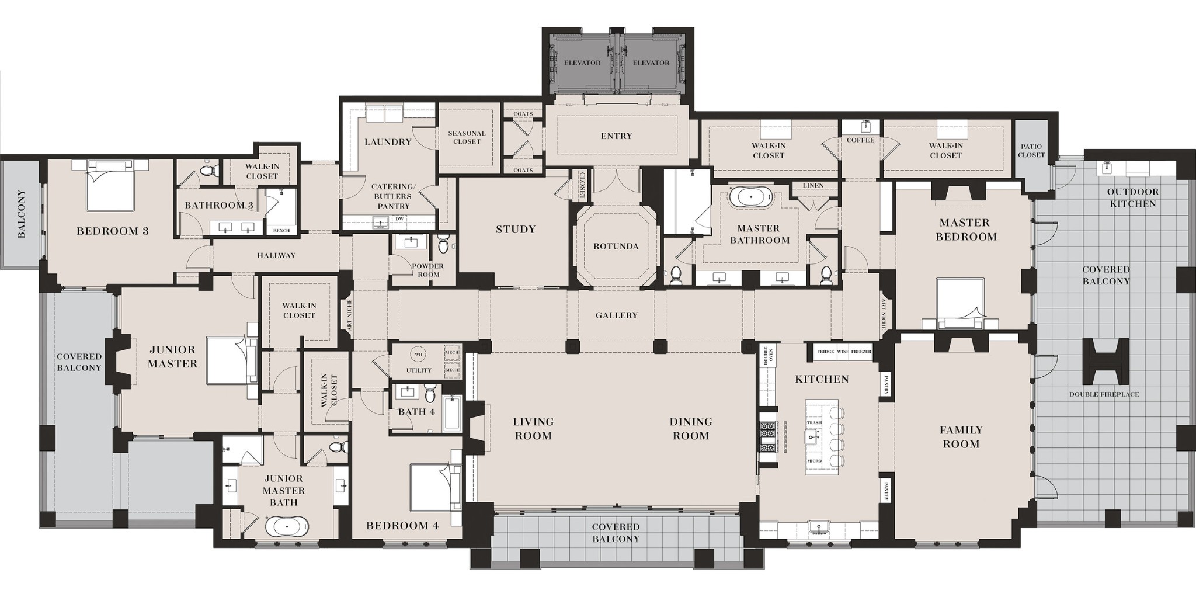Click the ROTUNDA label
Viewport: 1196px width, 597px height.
(x=616, y=247)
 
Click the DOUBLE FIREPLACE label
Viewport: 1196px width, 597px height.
(x=1104, y=394)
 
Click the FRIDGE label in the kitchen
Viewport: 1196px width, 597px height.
(x=825, y=352)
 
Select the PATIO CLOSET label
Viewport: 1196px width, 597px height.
(x=1031, y=151)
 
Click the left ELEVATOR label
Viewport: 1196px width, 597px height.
(x=582, y=63)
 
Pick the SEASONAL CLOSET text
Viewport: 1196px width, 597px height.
(x=467, y=137)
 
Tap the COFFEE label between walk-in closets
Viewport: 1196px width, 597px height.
(x=860, y=140)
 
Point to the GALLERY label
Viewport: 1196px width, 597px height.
(x=616, y=315)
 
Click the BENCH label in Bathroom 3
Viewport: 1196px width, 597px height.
(x=281, y=231)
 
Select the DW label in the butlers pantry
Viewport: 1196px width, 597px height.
(x=399, y=219)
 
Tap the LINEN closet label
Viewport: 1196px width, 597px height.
(x=813, y=186)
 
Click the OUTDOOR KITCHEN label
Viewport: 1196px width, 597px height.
(x=1132, y=197)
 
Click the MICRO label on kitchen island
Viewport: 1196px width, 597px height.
(x=814, y=461)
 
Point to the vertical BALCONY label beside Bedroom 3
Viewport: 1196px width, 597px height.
(x=22, y=214)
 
